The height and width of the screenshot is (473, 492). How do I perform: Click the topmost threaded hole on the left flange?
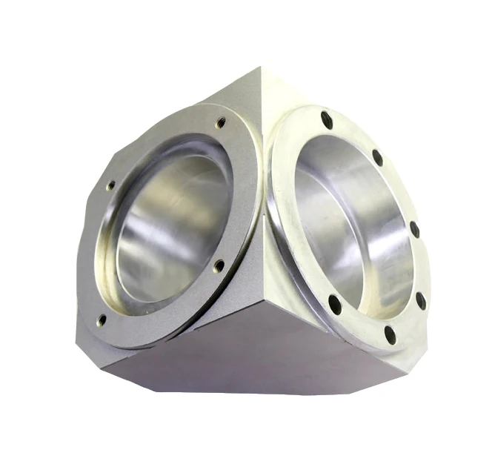[220, 125]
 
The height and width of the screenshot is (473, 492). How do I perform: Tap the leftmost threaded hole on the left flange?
[110, 187]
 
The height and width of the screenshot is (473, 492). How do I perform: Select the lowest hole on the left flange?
[102, 320]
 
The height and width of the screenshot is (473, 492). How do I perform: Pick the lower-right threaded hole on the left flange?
[219, 265]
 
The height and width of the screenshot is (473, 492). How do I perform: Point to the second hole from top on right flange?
[377, 157]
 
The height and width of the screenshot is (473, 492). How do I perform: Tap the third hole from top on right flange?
[414, 229]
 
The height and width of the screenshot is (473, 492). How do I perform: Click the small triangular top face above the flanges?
[256, 96]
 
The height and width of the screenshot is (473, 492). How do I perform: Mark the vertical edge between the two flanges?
[262, 222]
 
